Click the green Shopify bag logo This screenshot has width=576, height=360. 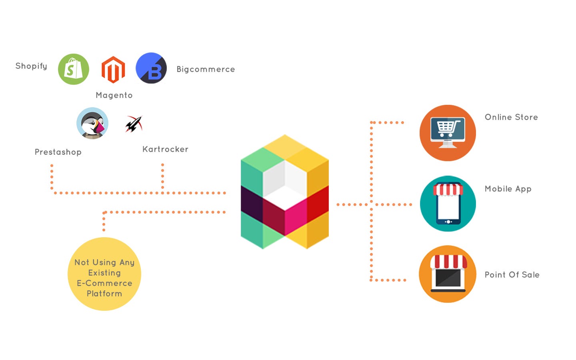[x=74, y=69]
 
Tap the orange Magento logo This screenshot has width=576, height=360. [x=113, y=70]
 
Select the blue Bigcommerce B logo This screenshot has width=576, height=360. [x=151, y=68]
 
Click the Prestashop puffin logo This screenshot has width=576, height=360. [x=92, y=123]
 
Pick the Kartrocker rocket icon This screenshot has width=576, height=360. [x=134, y=124]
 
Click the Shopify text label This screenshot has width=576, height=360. [x=31, y=66]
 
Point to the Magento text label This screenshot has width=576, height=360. [x=114, y=95]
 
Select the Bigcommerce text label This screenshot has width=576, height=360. [x=206, y=69]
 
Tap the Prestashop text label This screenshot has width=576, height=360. [x=58, y=152]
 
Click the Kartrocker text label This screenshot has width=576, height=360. [x=165, y=149]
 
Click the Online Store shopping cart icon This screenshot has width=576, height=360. [x=448, y=133]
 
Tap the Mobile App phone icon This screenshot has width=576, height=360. [x=448, y=204]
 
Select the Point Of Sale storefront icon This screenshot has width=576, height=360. [x=448, y=274]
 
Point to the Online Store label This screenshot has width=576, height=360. [x=511, y=117]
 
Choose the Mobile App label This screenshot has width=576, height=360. [x=508, y=189]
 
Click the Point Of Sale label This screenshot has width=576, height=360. [x=512, y=275]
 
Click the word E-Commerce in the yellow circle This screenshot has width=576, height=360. [x=104, y=283]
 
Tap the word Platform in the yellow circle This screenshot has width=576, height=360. [x=104, y=294]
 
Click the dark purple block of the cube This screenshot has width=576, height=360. [x=252, y=205]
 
